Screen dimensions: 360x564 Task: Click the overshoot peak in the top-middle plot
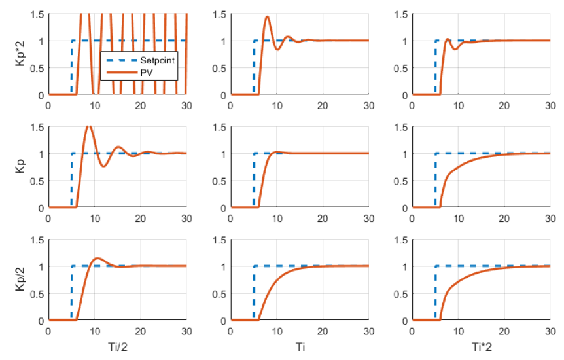pos(267,17)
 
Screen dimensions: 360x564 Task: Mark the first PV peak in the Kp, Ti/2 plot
pos(88,126)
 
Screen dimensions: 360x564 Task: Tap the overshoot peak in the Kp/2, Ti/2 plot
pos(97,258)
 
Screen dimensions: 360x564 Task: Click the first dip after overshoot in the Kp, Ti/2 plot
pos(103,166)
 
